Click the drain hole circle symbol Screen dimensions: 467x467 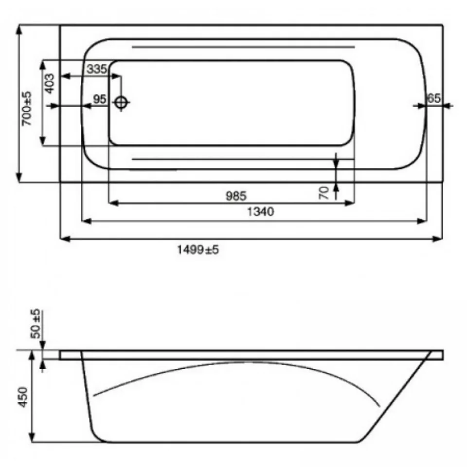121,103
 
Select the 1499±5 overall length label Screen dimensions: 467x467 198,250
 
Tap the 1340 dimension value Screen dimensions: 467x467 260,212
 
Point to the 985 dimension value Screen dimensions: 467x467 236,196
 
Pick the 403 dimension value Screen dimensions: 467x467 50,84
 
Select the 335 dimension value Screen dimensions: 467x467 97,69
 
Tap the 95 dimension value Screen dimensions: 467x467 100,99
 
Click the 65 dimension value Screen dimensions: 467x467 433,98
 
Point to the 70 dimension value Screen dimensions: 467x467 324,193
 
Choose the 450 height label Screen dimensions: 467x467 23,397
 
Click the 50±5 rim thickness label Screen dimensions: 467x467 36,324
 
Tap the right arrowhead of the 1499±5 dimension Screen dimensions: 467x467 438,239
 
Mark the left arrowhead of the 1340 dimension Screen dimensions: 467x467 86,221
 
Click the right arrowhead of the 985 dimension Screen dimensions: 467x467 349,203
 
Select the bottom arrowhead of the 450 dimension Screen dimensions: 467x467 32,437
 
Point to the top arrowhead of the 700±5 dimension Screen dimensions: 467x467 19,30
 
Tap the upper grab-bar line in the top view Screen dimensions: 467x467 243,47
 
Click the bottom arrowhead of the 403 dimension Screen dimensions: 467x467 43,141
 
